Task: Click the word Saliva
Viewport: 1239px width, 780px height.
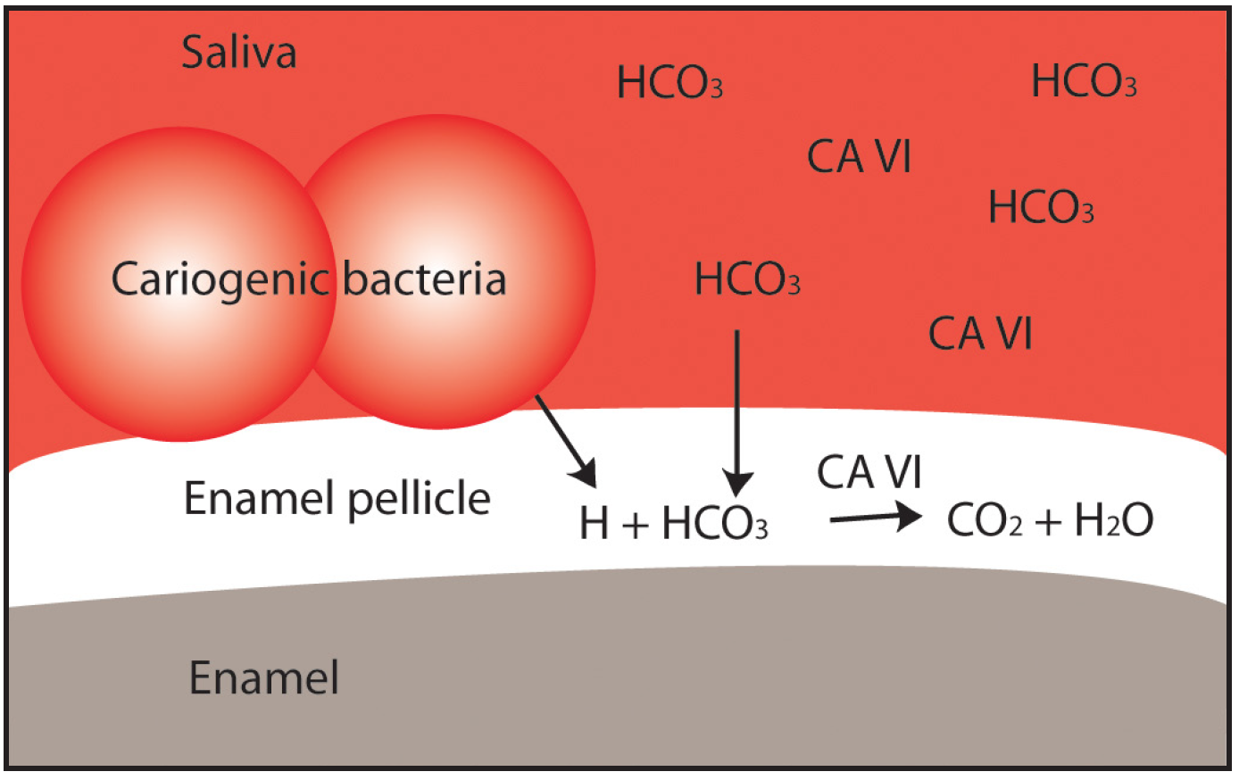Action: pos(238,53)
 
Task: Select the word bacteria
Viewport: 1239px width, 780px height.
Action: pos(424,279)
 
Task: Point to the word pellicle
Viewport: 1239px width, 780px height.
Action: pos(419,499)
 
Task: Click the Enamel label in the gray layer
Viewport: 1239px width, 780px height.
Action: pos(264,678)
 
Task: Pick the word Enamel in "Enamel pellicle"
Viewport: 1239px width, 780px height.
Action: pos(260,498)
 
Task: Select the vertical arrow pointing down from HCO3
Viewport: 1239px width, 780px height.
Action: pos(737,411)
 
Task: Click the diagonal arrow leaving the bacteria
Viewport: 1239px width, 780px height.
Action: pos(566,441)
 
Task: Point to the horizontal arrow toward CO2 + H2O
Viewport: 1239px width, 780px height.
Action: pos(875,517)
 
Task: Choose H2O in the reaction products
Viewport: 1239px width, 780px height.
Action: pos(1114,521)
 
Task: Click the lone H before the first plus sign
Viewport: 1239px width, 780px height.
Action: pos(595,524)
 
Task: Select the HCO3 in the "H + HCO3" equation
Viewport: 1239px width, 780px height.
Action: pos(715,524)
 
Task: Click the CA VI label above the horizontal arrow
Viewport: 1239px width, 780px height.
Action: pos(869,473)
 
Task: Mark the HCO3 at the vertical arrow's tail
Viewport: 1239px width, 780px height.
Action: pos(747,280)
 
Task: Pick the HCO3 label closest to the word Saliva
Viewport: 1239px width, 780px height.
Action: pos(669,83)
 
